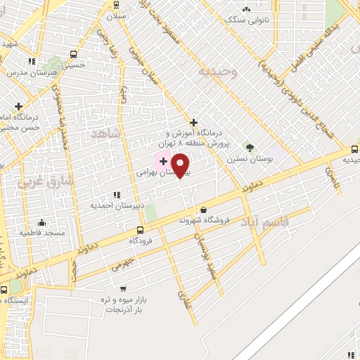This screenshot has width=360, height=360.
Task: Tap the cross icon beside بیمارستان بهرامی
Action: coord(163,162)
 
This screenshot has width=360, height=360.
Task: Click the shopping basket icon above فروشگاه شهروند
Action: coord(204,209)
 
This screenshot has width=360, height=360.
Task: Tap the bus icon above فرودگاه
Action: coord(140,229)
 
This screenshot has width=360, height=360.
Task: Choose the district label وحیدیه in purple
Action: coord(218,72)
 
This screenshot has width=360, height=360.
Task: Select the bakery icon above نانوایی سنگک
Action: coord(246,9)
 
